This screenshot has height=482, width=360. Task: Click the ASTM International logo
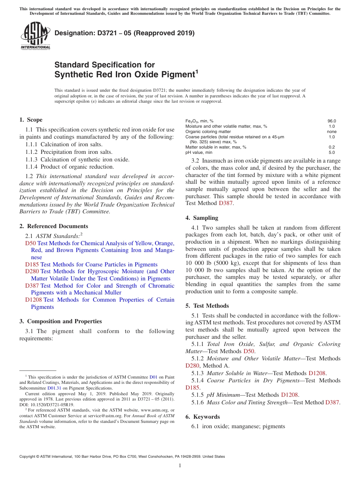tap(35, 36)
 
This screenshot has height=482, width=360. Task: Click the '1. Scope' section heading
tap(31, 120)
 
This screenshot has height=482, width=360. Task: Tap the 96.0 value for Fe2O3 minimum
tap(332, 121)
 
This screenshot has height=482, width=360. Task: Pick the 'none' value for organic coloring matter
tap(332, 131)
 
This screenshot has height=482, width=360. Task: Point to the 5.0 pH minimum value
tap(332, 152)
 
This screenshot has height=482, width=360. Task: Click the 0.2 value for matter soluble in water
tap(332, 147)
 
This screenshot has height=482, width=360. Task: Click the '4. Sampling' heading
tap(202, 218)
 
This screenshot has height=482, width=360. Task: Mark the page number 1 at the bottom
tap(180, 465)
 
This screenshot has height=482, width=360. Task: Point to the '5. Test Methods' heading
tap(207, 306)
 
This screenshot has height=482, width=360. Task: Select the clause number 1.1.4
tap(32, 167)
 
